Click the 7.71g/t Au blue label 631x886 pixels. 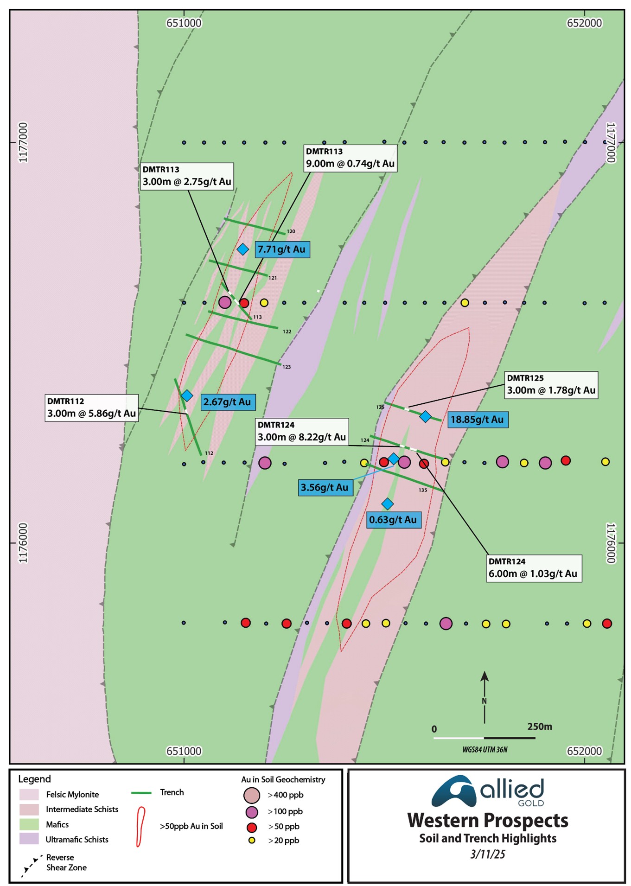pos(282,249)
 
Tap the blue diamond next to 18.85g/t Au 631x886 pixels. pos(425,416)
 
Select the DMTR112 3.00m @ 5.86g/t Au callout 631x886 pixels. pos(92,408)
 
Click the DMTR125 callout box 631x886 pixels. pos(551,384)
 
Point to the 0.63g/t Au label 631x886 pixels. pos(393,520)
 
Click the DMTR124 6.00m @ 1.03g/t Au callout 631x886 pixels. pos(533,568)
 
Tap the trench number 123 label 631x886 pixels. pos(287,367)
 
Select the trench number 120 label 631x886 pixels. pos(291,231)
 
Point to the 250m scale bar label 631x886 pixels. pos(539,727)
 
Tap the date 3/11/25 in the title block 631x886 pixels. pos(487,854)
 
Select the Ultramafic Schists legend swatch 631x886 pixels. pos(29,839)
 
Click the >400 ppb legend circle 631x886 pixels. pos(252,795)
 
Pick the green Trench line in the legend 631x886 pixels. pos(141,793)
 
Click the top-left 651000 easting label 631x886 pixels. pos(184,23)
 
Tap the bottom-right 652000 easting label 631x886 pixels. pos(584,751)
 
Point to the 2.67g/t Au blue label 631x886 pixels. pos(227,402)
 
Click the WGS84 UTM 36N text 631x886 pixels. pos(484,749)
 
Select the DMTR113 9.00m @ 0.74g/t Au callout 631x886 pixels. pos(350,158)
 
